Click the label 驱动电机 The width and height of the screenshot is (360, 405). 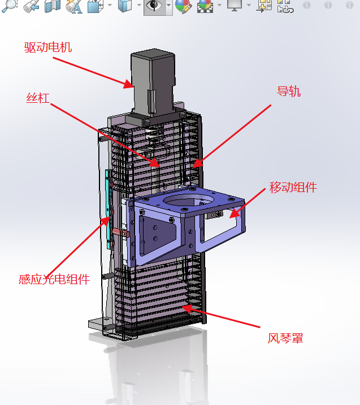[48, 47]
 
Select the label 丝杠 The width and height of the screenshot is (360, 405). [38, 98]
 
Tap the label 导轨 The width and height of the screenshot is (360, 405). [289, 92]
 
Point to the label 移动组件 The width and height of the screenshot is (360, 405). [293, 188]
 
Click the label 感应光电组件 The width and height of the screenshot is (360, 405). [54, 280]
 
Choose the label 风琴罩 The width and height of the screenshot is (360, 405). [285, 338]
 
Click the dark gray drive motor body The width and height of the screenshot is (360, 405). [153, 82]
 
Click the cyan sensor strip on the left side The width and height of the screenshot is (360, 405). [109, 209]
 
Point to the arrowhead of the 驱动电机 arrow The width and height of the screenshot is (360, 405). [129, 84]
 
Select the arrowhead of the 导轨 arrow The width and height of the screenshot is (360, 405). [197, 163]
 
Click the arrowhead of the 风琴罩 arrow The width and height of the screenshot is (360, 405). [186, 308]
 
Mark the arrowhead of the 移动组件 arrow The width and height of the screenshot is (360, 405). [235, 213]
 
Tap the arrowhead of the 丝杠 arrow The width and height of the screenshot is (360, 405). [155, 163]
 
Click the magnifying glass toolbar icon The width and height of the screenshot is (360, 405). [9, 6]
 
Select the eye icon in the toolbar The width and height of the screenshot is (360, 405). [154, 6]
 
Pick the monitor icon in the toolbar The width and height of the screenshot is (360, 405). [235, 5]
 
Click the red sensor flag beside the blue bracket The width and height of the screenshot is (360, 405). [121, 233]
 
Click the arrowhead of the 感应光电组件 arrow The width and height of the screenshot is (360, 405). [106, 221]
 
